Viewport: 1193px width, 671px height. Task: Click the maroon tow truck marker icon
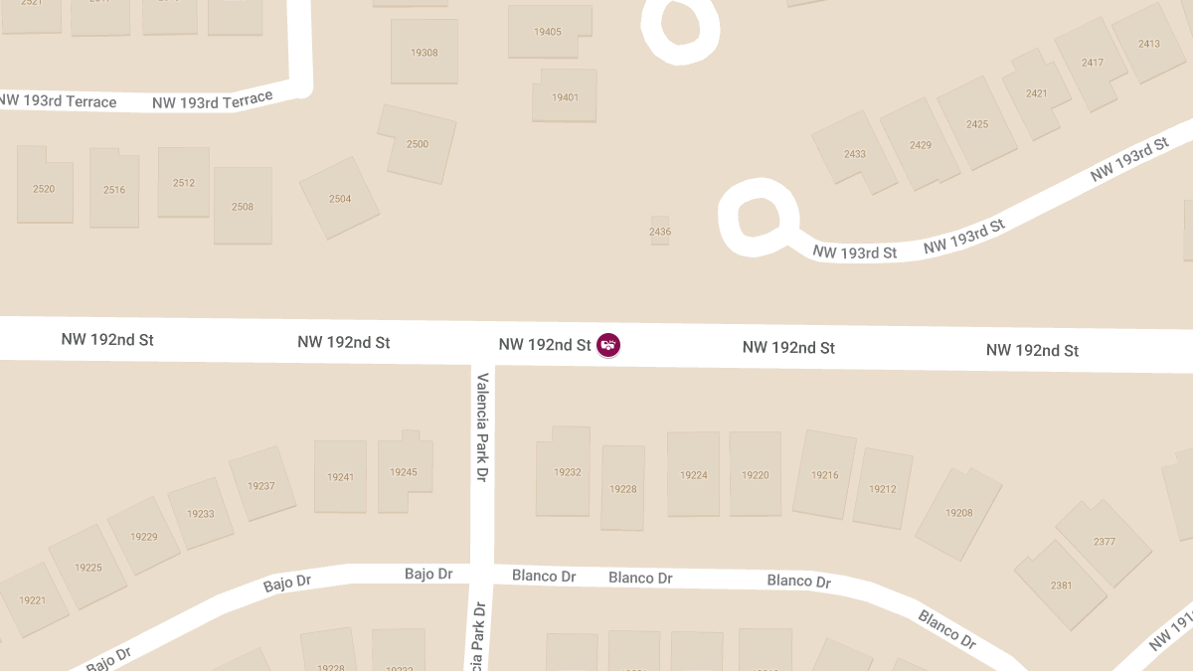(x=608, y=345)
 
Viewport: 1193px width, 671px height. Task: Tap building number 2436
(x=660, y=231)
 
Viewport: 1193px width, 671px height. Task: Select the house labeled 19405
(x=548, y=32)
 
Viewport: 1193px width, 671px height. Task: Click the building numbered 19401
(x=565, y=96)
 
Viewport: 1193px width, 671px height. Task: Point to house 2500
(x=418, y=144)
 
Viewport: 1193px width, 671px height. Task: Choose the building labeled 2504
(x=340, y=199)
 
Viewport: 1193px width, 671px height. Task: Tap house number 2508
(x=243, y=207)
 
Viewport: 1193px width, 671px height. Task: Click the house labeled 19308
(x=425, y=52)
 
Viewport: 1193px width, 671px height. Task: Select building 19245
(x=404, y=472)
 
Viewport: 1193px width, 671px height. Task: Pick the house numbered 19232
(x=567, y=471)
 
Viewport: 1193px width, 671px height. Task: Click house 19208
(x=959, y=513)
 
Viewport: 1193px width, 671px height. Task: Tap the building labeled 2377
(x=1104, y=542)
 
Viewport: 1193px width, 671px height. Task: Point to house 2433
(x=855, y=154)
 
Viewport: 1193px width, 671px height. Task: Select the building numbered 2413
(x=1149, y=43)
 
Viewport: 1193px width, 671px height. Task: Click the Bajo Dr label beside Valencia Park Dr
(x=428, y=575)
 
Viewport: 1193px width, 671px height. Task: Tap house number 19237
(x=261, y=486)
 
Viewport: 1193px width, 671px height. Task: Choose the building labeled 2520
(x=44, y=188)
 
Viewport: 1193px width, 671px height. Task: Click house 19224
(x=693, y=475)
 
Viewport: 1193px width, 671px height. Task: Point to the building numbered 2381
(x=1061, y=586)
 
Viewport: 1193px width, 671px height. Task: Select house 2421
(x=1036, y=93)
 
